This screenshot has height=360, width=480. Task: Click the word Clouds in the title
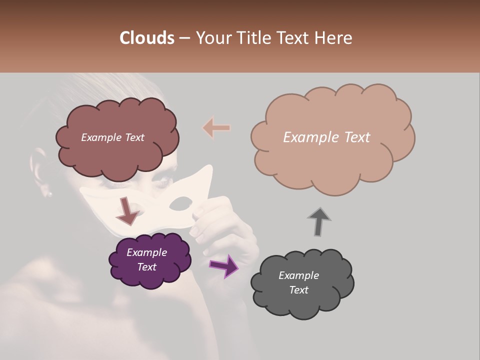click(x=147, y=38)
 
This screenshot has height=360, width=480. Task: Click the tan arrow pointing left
click(x=216, y=128)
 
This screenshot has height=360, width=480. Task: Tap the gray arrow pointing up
click(x=319, y=221)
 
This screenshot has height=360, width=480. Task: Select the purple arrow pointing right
click(x=224, y=266)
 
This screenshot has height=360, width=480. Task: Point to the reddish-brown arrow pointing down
click(x=127, y=210)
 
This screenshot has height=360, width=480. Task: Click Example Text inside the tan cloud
click(x=326, y=137)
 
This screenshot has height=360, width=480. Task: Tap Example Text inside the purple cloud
click(x=146, y=259)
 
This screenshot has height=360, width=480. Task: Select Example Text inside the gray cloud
click(x=298, y=282)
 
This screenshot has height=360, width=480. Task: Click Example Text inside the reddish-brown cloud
click(x=112, y=137)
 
